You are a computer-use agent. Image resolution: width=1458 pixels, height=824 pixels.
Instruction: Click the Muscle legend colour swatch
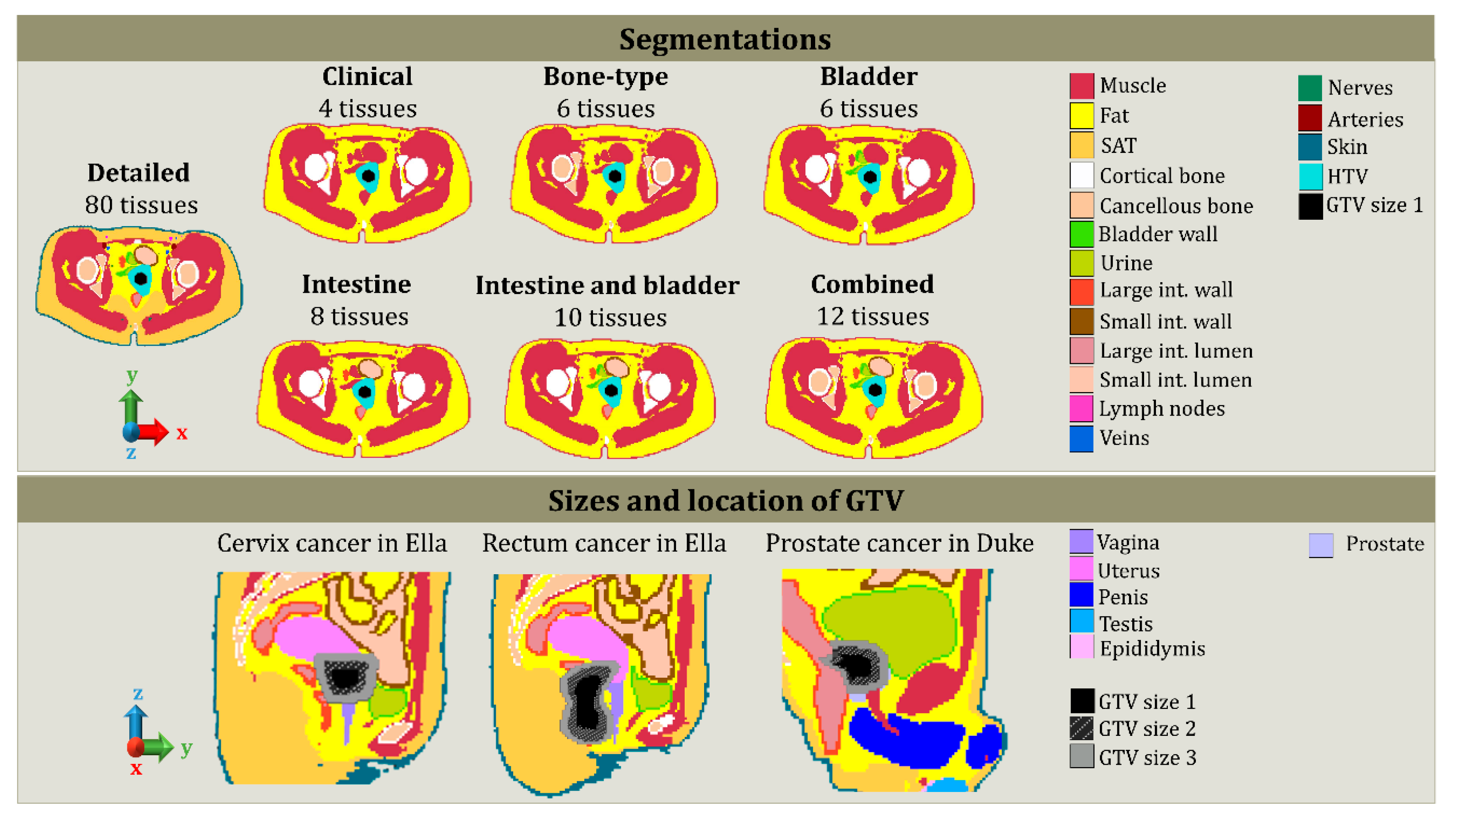[x=1081, y=86]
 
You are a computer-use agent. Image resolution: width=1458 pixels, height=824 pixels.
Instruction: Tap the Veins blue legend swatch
[x=1081, y=439]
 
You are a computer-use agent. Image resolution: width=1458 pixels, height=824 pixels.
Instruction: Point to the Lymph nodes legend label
[x=1161, y=409]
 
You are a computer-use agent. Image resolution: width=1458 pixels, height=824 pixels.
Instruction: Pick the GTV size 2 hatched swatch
[x=1081, y=728]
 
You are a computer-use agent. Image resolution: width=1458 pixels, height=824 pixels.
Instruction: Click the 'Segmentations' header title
[x=725, y=40]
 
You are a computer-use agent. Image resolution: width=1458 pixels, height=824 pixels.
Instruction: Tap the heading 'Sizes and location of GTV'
[x=725, y=500]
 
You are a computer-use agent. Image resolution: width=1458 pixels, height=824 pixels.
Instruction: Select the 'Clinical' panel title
[x=367, y=76]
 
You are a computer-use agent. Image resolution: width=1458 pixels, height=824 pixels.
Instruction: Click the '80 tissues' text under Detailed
[x=142, y=205]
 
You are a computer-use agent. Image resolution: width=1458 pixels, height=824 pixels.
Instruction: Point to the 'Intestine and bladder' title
[x=607, y=285]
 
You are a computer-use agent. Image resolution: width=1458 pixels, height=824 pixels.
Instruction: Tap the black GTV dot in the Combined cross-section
[x=875, y=389]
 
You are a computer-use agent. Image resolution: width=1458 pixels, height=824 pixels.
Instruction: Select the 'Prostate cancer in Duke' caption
[x=899, y=543]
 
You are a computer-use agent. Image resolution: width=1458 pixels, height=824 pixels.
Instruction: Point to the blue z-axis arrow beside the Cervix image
[x=136, y=719]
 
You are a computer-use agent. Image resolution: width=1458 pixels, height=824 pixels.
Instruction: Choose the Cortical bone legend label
[x=1161, y=176]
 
